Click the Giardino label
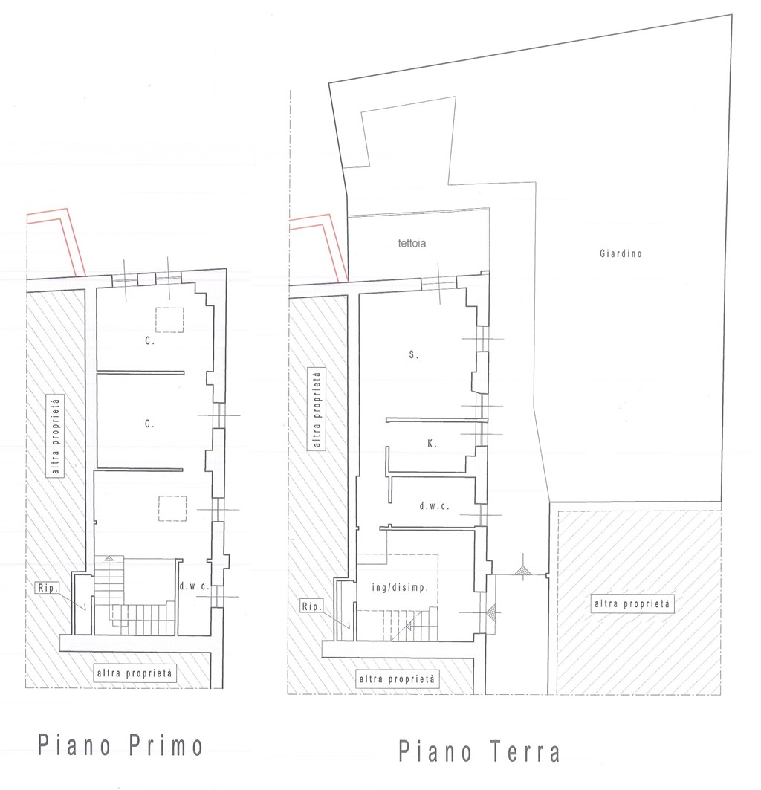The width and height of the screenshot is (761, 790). [x=621, y=253]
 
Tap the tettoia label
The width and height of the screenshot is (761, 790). [x=412, y=243]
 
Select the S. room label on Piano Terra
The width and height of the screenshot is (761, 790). [x=414, y=354]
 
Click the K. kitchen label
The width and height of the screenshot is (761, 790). [x=432, y=444]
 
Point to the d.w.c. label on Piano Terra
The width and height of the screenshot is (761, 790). [x=434, y=506]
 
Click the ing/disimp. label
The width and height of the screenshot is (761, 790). [x=400, y=587]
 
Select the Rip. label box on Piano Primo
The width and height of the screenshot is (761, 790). [x=48, y=587]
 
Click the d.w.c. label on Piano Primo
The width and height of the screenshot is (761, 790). [x=194, y=586]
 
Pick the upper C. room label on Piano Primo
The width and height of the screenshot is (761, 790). [x=149, y=341]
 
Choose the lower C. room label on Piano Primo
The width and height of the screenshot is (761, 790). [x=149, y=424]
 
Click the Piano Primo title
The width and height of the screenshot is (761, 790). [x=120, y=745]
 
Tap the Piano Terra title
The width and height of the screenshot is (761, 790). [x=479, y=751]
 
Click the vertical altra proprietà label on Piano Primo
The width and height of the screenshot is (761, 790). [x=56, y=436]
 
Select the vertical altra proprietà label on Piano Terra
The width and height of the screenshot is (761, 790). [x=317, y=409]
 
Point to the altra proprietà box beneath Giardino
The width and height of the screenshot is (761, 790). [x=632, y=603]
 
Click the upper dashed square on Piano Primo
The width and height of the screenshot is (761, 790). [x=169, y=320]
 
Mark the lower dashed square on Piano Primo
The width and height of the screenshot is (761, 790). [x=172, y=508]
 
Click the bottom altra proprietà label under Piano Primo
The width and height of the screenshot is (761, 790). [x=135, y=673]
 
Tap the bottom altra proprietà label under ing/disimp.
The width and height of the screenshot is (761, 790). [x=397, y=679]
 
